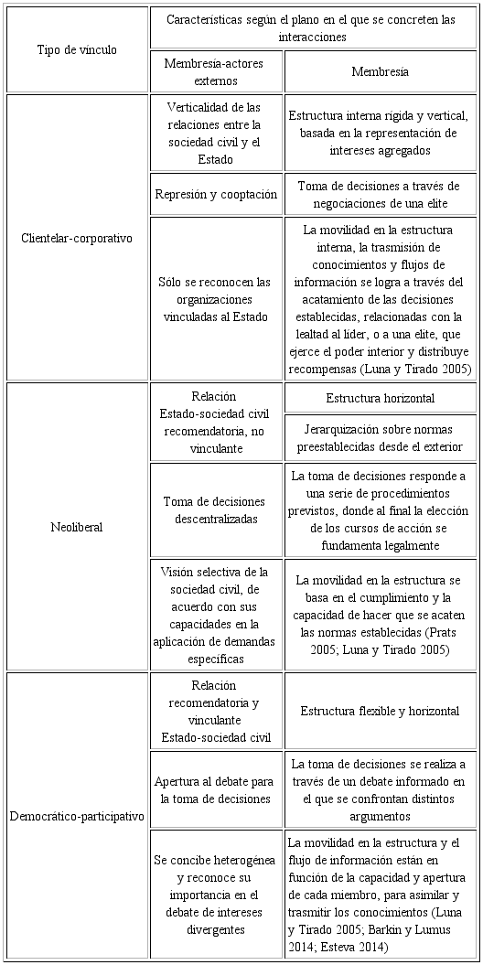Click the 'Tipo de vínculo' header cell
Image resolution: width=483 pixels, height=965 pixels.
coord(77,50)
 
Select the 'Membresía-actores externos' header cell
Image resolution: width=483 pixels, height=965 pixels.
coord(216,71)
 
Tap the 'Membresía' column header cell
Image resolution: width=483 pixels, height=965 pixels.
coord(380,71)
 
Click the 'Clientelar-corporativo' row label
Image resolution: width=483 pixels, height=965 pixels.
coord(77,238)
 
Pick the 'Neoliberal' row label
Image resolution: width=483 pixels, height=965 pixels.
coord(77,527)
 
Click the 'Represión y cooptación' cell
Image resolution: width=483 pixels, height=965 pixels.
coord(216,194)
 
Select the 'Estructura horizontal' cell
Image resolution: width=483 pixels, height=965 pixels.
coord(380,398)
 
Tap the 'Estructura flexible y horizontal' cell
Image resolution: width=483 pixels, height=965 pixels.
coord(380,711)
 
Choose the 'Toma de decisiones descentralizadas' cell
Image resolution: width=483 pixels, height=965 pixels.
coord(216,510)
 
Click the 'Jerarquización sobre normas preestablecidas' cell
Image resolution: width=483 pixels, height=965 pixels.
coord(380,438)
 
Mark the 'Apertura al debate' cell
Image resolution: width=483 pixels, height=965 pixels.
coord(216,790)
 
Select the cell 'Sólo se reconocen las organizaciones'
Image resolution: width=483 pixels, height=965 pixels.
coord(216,298)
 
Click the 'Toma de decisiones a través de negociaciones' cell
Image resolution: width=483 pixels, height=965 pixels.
coord(380,194)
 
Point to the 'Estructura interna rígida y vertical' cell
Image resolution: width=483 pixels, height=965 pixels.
coord(380,133)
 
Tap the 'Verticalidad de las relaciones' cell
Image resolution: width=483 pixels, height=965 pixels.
coord(216,133)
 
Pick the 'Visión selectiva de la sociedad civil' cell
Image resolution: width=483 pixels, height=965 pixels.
coord(216,615)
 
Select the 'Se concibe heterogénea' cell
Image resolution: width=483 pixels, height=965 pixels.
coord(216,895)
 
